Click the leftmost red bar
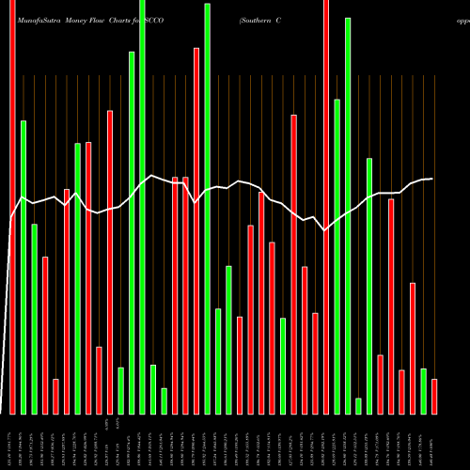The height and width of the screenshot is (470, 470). click(13, 207)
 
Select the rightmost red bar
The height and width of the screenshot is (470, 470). click(434, 396)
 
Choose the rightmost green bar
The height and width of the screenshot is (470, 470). click(423, 391)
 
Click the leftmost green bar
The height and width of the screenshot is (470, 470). click(23, 267)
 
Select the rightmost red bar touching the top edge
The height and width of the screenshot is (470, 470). click(326, 207)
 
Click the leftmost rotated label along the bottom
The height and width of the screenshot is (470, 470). click(13, 442)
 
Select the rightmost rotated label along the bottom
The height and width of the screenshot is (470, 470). click(434, 442)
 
